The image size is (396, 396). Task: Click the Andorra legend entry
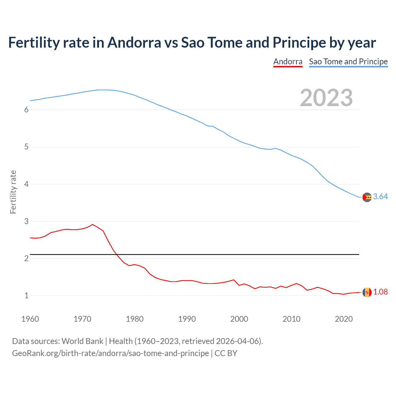pos(288,62)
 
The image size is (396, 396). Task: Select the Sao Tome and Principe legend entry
pos(348,62)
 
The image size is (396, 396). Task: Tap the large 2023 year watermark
pos(326,98)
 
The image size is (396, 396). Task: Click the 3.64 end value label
pos(380,197)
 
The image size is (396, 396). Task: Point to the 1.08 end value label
pos(380,292)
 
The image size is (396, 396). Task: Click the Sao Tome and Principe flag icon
pos(367,197)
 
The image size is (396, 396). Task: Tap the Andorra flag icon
pos(367,292)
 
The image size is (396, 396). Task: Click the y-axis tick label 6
pos(26,110)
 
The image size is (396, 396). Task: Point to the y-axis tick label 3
pos(26,221)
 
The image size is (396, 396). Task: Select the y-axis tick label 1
pos(26,296)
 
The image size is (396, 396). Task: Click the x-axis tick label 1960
pos(30,319)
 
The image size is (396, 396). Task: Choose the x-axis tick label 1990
pos(187,319)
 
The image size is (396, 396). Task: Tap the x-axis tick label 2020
pos(344,319)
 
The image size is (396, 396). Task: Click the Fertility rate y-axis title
pos(13,192)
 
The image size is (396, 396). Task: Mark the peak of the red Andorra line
pos(93,224)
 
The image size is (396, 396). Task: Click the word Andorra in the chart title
pos(134,43)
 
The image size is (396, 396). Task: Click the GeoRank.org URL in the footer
pos(110,353)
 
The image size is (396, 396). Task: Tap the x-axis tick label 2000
pos(239,319)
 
